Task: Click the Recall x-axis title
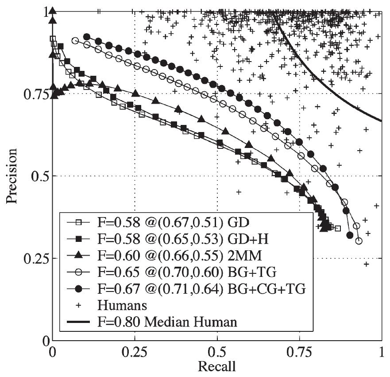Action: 217,367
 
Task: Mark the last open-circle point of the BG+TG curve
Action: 359,241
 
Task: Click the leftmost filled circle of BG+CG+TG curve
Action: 87,37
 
